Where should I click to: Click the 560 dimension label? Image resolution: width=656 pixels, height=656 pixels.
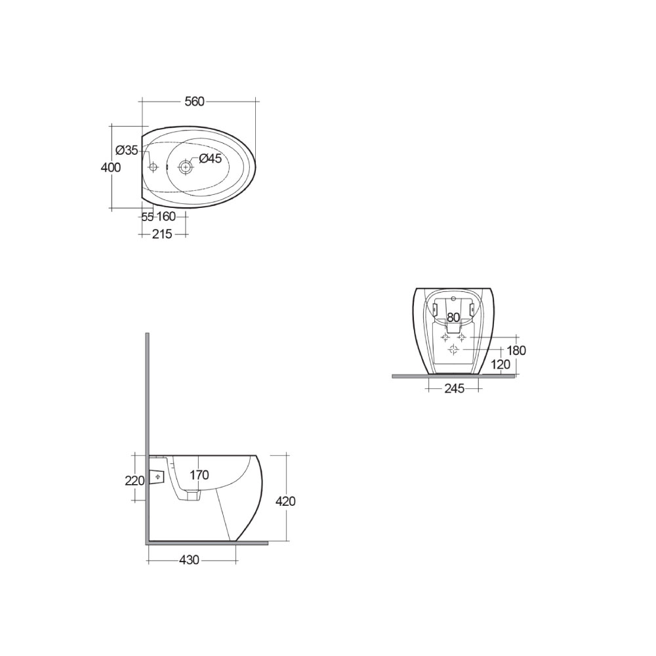(194, 101)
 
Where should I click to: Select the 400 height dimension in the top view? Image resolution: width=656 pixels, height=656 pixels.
(111, 167)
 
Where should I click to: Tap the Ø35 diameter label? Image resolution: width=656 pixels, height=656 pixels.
(127, 150)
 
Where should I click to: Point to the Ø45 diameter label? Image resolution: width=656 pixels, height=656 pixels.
(211, 158)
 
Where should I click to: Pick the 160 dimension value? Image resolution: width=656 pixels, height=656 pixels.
(166, 216)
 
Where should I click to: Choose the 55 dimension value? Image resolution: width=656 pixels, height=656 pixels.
(148, 216)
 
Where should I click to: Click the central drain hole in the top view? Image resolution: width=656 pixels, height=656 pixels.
(186, 167)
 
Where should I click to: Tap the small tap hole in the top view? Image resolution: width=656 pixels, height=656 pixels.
(154, 167)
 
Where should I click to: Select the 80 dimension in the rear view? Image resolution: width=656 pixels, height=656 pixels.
(453, 318)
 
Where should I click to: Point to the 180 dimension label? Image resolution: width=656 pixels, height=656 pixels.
(516, 351)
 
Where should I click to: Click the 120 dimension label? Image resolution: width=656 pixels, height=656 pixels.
(501, 365)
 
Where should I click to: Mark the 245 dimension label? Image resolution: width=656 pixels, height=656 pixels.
(454, 389)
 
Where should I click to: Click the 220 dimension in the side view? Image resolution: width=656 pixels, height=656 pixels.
(134, 481)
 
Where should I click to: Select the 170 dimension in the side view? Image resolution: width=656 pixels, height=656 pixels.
(199, 474)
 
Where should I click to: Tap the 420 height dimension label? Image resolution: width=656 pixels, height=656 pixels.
(285, 501)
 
